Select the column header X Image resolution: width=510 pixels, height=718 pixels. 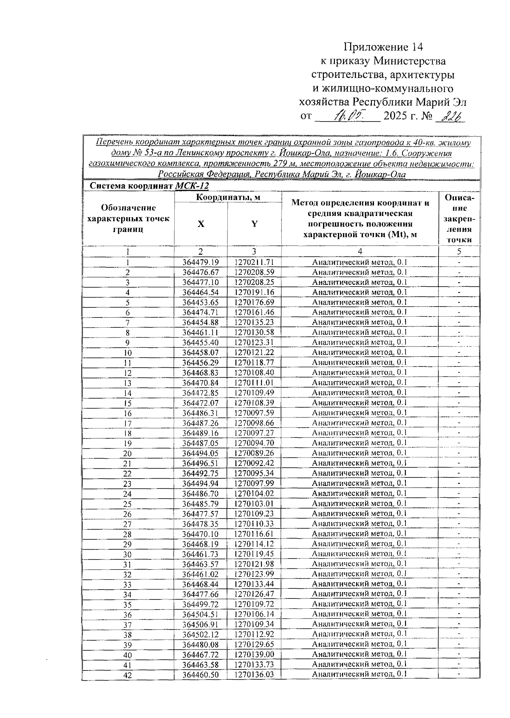point(201,224)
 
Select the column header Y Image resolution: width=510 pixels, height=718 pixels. point(254,224)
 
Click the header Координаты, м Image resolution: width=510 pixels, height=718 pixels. point(228,197)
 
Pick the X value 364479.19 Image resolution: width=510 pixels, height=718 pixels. point(201,262)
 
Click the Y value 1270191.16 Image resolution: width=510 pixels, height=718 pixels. point(254,292)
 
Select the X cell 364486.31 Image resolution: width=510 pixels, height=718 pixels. point(201,413)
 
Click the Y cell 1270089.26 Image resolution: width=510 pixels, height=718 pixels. point(254,453)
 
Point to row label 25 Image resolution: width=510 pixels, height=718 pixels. point(127,504)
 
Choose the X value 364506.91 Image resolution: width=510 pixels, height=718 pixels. point(201,624)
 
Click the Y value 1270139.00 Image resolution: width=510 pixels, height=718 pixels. point(254,654)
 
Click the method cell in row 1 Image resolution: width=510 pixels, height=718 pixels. point(360,262)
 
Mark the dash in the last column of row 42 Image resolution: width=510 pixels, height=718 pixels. point(459,674)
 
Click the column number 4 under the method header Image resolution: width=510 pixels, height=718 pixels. point(360,252)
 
